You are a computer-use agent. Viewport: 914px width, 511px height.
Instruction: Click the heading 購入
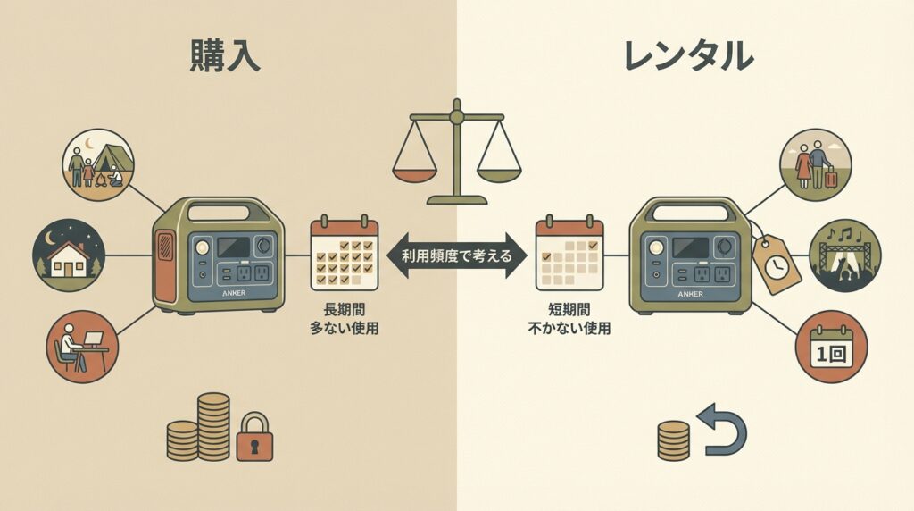(x=224, y=56)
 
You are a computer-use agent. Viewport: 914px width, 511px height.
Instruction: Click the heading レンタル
(x=687, y=56)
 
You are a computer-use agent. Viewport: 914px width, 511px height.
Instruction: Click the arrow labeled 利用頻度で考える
(x=456, y=256)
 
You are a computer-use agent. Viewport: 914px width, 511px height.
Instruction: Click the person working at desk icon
(x=81, y=347)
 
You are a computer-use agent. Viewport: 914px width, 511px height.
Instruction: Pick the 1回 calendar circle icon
(x=831, y=347)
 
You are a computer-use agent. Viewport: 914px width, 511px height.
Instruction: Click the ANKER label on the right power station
(x=690, y=292)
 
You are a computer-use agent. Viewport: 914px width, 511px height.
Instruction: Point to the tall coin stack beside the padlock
(x=213, y=424)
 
